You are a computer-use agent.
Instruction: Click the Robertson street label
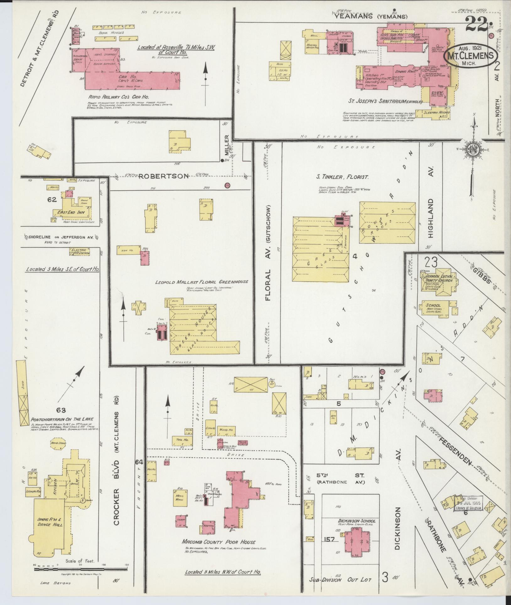pyautogui.click(x=163, y=176)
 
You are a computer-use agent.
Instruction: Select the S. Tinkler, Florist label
pyautogui.click(x=342, y=177)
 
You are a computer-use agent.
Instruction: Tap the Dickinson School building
pyautogui.click(x=357, y=543)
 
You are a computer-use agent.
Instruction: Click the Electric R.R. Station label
pyautogui.click(x=79, y=251)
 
